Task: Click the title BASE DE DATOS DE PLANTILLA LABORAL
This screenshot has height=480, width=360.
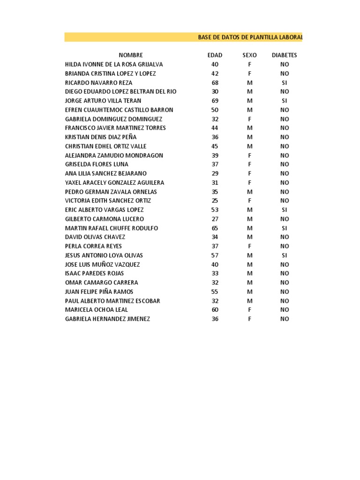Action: (250, 37)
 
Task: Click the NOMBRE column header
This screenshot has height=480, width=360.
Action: (131, 55)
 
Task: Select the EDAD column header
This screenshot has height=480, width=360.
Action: (215, 55)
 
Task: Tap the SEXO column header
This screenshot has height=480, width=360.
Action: (249, 55)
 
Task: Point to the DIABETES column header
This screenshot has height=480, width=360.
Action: (284, 55)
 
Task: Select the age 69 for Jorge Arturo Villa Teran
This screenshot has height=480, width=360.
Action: (215, 101)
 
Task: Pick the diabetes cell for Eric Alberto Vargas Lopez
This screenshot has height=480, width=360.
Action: (285, 210)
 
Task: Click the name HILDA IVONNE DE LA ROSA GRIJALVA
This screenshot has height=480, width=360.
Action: (114, 64)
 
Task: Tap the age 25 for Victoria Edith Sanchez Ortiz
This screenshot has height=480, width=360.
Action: (215, 201)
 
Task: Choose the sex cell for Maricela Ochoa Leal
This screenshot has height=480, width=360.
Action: (249, 310)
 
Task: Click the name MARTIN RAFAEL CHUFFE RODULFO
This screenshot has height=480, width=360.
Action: (112, 228)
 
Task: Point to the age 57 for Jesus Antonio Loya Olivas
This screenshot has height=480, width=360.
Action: (215, 255)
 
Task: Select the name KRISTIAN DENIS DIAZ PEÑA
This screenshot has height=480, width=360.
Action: (101, 137)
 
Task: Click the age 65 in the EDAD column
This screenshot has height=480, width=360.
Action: (215, 228)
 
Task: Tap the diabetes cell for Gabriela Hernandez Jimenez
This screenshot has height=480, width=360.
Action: (285, 319)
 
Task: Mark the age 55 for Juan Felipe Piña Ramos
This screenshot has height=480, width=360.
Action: (215, 292)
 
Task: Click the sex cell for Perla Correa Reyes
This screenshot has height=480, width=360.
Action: (249, 246)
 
